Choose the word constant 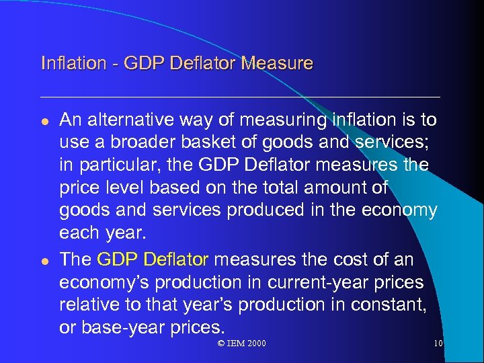point(387,304)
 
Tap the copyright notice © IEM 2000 point(241,344)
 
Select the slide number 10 point(438,344)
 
